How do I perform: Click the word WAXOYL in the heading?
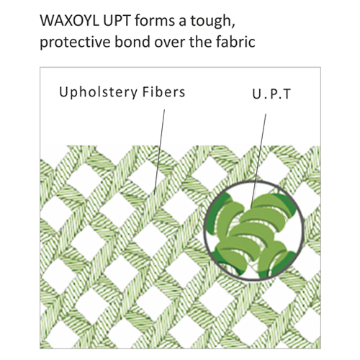coord(69,21)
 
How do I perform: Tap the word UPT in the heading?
coord(117,21)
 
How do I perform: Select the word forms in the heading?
coord(155,21)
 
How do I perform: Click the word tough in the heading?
coord(212,22)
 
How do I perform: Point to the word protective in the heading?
coord(75,42)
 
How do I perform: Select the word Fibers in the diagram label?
coord(164,92)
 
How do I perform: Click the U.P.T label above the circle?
coord(271,94)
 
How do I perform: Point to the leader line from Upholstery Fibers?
coord(159,152)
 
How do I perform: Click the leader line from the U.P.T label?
coord(258,161)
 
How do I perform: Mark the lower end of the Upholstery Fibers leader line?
coord(154,194)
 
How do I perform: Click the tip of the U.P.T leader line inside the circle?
coord(251,207)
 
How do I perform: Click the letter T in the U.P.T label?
coord(287,94)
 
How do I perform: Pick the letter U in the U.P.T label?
coord(256,94)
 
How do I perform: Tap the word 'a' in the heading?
coord(183,22)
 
